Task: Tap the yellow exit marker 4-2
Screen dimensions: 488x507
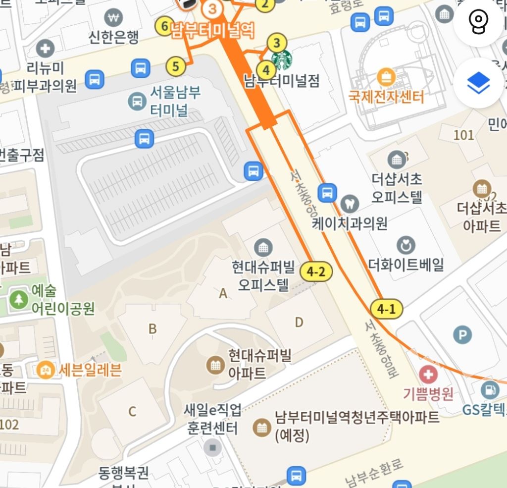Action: (316, 271)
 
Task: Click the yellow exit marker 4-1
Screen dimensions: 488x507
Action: (387, 309)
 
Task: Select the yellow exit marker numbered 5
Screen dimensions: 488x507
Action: (176, 66)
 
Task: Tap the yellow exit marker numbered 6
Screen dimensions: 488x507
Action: (164, 27)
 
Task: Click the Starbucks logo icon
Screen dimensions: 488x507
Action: (282, 60)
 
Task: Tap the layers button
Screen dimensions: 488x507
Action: (478, 84)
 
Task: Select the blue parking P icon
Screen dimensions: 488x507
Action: (462, 336)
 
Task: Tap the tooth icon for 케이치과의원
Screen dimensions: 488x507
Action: (350, 203)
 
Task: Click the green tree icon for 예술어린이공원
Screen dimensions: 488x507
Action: (19, 299)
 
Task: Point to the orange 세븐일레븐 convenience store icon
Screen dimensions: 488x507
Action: (46, 369)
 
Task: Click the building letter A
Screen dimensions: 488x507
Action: (223, 294)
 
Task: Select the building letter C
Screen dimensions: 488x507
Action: (132, 411)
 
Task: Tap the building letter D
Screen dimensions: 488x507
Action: (299, 323)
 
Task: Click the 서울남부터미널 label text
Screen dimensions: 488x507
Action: (169, 101)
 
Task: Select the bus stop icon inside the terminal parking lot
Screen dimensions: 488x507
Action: (144, 139)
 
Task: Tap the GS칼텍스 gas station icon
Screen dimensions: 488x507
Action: (490, 389)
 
